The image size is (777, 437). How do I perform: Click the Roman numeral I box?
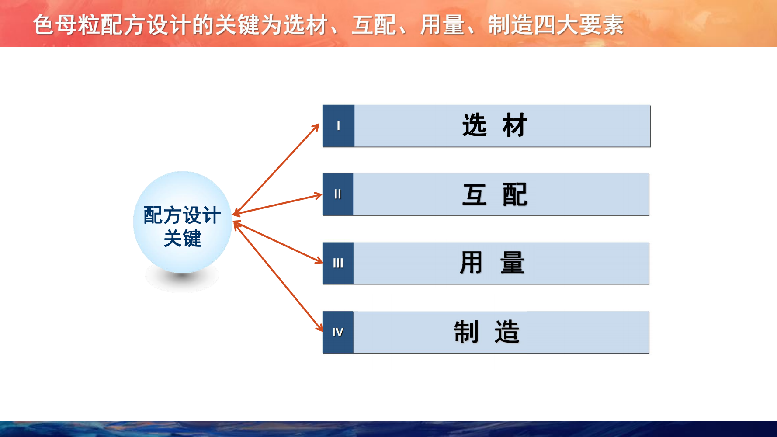coord(338,126)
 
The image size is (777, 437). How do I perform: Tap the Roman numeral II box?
coord(338,194)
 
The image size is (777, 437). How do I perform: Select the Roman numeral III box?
coord(338,263)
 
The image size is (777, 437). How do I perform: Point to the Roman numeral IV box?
coord(338,332)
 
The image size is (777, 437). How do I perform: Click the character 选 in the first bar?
coord(475,125)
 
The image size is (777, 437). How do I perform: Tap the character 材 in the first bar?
coord(515,125)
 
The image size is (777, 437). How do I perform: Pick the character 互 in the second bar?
coord(475,194)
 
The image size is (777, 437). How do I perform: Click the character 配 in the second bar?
coord(515,194)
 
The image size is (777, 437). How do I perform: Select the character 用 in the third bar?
coord(471,263)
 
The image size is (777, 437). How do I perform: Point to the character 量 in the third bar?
coord(512,263)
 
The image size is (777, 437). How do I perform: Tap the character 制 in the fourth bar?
coord(466,332)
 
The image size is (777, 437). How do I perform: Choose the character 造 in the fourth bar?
coord(507,332)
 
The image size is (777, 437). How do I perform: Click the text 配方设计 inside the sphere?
coord(182,215)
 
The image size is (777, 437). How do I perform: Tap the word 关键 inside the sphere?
coord(183,238)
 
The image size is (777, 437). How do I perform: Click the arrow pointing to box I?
coord(276,169)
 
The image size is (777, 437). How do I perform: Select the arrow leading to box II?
coord(277,204)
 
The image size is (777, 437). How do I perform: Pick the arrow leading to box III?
coord(277,243)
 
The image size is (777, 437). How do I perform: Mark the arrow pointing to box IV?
coord(278,276)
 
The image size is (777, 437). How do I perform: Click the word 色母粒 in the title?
coord(66,25)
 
